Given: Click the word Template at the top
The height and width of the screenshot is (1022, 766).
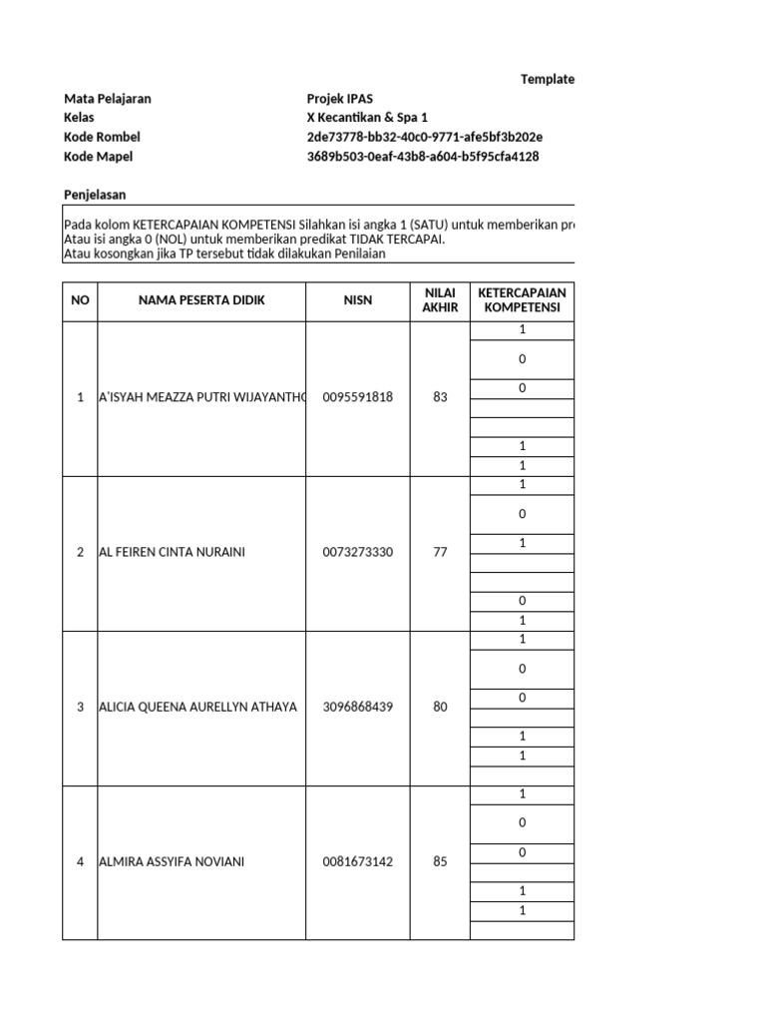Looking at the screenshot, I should click(547, 79).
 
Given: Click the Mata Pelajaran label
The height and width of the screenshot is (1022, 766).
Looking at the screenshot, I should click(108, 99).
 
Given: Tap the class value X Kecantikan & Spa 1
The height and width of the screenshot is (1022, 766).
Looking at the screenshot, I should click(367, 118).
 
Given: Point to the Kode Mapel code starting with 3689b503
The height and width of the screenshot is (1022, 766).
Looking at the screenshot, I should click(423, 157).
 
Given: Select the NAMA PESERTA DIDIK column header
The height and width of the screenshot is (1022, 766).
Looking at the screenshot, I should click(201, 300).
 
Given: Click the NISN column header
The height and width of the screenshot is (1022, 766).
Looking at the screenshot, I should click(357, 300).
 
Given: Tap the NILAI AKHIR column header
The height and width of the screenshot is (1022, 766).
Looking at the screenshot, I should click(440, 300).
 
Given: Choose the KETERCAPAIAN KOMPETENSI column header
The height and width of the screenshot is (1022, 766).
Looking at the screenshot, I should click(522, 300).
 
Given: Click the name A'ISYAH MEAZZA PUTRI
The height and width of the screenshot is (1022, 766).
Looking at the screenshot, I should click(198, 397).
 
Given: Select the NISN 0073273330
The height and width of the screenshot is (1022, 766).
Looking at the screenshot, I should click(357, 552).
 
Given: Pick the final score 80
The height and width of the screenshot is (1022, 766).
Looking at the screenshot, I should click(440, 707).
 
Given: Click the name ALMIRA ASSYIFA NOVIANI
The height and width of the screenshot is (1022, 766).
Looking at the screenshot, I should click(172, 861).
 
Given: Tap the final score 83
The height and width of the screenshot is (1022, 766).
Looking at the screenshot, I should click(440, 397).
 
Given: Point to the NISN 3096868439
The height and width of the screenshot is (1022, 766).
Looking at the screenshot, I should click(357, 707).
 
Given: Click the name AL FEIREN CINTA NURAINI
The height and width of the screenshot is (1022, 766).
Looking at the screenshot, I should click(172, 552).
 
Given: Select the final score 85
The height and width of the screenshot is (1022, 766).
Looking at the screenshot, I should click(440, 861).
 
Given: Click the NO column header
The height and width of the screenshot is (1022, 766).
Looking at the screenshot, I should click(80, 300).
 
